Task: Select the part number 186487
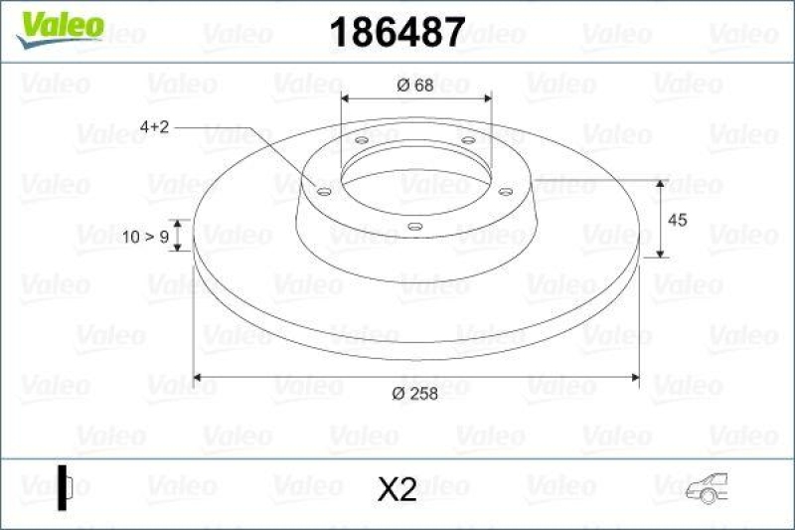click(396, 33)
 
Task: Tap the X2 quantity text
click(397, 488)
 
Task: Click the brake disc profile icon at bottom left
click(67, 487)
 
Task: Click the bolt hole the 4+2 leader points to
click(322, 190)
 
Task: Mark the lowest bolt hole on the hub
click(414, 226)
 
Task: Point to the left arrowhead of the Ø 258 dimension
click(197, 377)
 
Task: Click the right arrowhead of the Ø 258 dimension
click(633, 377)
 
